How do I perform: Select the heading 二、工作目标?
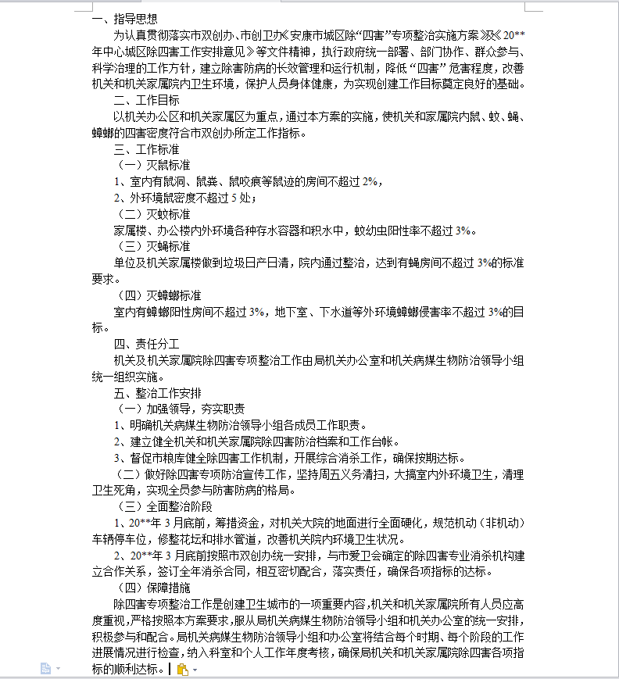pos(146,100)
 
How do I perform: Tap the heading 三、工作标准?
pos(146,148)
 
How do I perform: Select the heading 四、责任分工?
pos(146,343)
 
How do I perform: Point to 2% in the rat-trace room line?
pos(370,181)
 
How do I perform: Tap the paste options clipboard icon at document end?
pos(182,669)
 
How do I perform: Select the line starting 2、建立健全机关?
pos(258,441)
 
